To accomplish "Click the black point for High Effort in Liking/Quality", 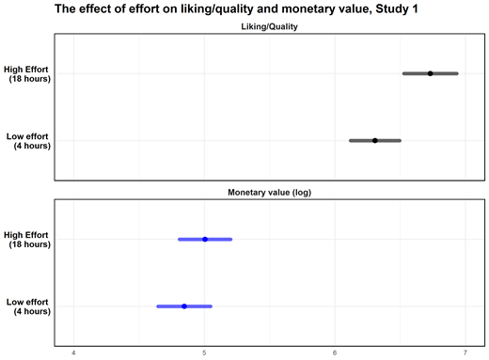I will click(x=430, y=73).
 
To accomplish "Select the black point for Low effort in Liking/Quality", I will click(x=374, y=140).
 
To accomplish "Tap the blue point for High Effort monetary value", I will click(x=205, y=239).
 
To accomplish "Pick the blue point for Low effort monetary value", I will click(x=184, y=306).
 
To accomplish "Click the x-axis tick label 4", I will click(x=74, y=352).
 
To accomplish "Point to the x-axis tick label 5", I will click(x=204, y=352).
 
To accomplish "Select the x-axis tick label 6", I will click(x=335, y=352).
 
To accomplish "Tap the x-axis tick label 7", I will click(x=465, y=352).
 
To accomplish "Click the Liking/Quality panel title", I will click(x=269, y=27).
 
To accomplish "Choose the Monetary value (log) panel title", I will click(x=269, y=192).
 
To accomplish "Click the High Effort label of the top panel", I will click(x=27, y=73).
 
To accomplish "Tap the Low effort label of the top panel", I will click(x=27, y=141).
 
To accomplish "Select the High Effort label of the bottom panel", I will click(x=27, y=239).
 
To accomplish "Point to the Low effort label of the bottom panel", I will click(x=27, y=306).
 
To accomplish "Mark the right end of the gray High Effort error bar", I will click(x=458, y=73).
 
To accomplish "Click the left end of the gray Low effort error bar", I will click(x=350, y=140).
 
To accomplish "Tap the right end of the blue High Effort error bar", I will click(x=231, y=239).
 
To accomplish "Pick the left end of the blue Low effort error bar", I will click(x=157, y=306).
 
